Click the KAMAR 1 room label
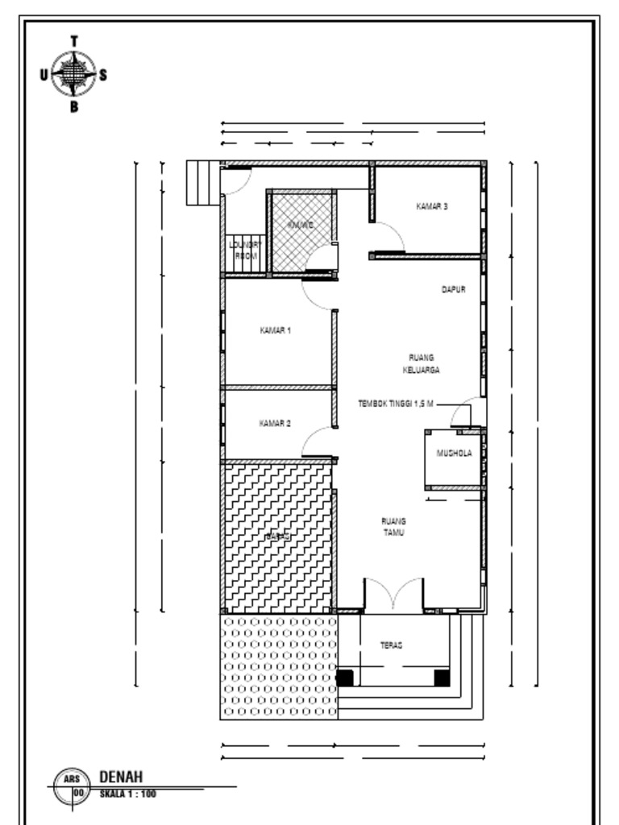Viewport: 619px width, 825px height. [x=275, y=330]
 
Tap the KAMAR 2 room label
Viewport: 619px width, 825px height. [x=275, y=423]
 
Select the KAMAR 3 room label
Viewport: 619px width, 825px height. [x=432, y=207]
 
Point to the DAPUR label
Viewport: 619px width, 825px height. [x=454, y=289]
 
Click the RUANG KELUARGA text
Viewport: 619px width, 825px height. [x=422, y=363]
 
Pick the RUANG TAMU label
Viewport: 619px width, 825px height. [x=393, y=527]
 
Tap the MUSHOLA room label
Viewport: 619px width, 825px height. [x=455, y=454]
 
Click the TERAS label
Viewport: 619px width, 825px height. [x=392, y=645]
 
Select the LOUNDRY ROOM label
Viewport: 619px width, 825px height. [x=245, y=250]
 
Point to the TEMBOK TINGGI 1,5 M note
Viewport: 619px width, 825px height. [x=396, y=404]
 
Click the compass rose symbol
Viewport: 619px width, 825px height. [x=74, y=74]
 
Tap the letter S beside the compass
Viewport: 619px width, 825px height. [x=103, y=74]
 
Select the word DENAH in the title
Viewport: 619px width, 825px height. [x=121, y=777]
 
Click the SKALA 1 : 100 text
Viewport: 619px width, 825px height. [x=127, y=794]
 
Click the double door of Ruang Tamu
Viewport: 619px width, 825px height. [x=393, y=596]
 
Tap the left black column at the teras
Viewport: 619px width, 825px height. [x=345, y=678]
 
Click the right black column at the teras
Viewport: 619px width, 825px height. [x=442, y=678]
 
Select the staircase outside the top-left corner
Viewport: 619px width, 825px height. [x=202, y=183]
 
